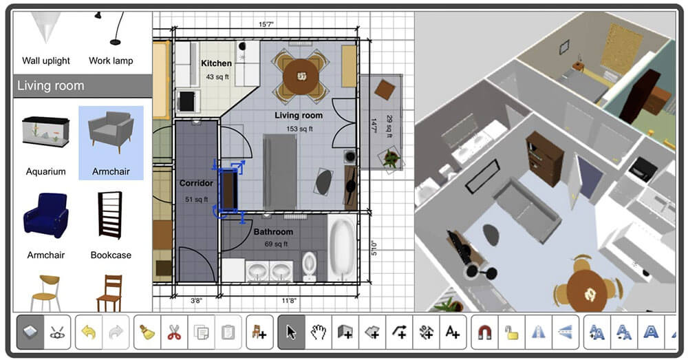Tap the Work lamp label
[x=111, y=61]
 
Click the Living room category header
[x=50, y=86]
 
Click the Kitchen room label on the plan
[x=216, y=63]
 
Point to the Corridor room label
[x=197, y=184]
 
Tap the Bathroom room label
[x=273, y=232]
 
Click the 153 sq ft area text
[x=299, y=129]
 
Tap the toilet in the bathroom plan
[x=309, y=264]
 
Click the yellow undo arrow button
[x=89, y=333]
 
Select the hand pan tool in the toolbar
[x=318, y=333]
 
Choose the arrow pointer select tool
[x=291, y=333]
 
